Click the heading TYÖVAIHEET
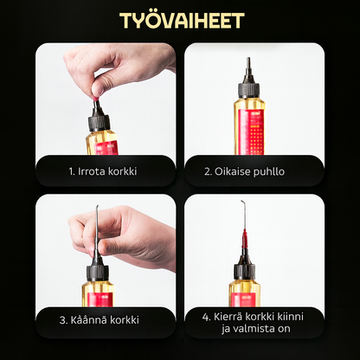pos(180,21)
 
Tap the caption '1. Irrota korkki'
pos(103,171)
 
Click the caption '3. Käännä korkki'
pos(103,319)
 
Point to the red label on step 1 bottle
pos(105,147)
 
